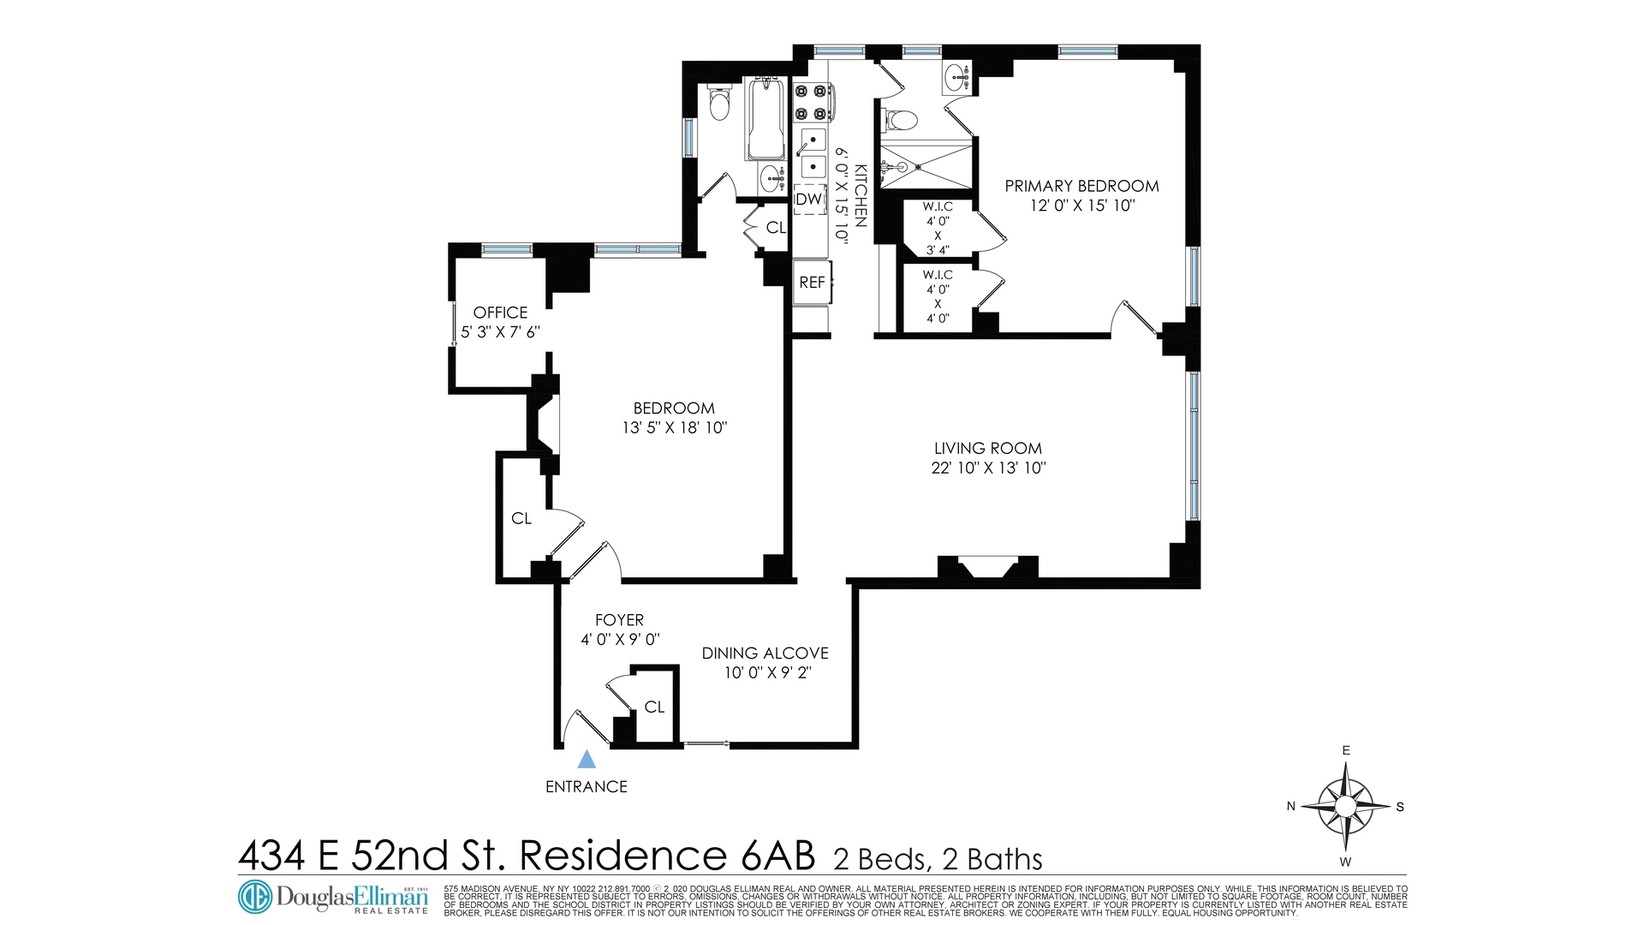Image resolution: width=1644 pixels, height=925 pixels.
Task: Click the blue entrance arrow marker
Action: (587, 760)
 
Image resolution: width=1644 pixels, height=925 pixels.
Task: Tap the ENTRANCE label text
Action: (587, 787)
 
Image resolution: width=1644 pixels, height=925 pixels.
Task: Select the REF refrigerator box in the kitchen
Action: (813, 282)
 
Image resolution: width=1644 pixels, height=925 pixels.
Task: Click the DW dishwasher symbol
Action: (809, 200)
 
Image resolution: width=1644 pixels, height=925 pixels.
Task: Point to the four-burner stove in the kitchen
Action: (812, 102)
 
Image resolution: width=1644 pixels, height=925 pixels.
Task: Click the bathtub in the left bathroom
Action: (765, 119)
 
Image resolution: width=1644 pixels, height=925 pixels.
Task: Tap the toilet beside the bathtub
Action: (719, 104)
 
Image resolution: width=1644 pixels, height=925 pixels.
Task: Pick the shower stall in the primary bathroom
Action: (926, 167)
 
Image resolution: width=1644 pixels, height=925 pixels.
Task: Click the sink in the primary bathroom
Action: (957, 79)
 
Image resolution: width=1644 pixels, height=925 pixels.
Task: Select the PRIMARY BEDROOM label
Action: (1081, 186)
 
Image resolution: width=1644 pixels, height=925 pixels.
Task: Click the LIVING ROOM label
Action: (988, 448)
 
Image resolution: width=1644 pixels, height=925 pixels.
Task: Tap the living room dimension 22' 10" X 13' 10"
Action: (988, 468)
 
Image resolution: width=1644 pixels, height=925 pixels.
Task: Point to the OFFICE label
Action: (501, 313)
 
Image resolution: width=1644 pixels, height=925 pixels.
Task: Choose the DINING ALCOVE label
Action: (765, 653)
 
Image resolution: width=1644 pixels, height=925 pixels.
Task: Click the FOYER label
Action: (620, 620)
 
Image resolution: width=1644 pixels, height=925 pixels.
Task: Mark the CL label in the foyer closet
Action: (654, 707)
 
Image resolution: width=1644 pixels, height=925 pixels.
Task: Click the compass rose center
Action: (1345, 806)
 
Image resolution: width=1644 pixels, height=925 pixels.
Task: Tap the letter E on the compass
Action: (1346, 751)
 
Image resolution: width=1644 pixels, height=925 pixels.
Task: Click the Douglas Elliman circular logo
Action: (254, 897)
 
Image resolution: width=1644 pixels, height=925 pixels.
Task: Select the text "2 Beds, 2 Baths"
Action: (938, 859)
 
